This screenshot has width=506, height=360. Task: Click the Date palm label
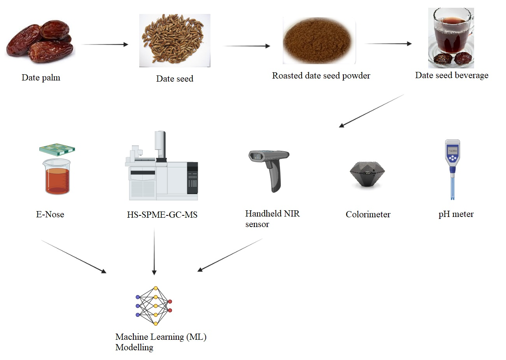point(41,78)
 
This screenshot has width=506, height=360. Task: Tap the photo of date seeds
point(175,40)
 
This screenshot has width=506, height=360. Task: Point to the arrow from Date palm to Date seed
point(105,44)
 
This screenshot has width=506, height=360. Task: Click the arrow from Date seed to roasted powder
point(247,46)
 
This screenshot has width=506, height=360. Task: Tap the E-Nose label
point(50,214)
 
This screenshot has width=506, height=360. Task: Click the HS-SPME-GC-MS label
point(162,215)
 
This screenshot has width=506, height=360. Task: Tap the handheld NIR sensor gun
point(270,170)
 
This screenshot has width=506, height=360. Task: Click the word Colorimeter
point(368,215)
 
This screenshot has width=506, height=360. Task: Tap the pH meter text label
point(456,214)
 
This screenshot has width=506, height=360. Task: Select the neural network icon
point(154,306)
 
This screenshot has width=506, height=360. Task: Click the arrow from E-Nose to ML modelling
point(74,257)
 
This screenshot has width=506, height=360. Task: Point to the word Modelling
point(134,348)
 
